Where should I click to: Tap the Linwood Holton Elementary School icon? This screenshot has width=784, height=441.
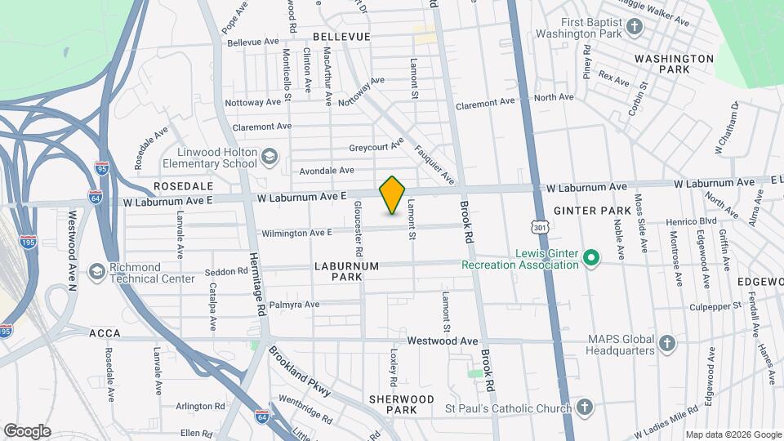pos(269,155)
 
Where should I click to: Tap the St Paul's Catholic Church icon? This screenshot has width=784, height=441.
pos(583,406)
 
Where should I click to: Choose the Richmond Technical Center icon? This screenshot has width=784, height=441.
pos(97,271)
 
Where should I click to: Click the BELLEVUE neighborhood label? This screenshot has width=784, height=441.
pos(341,37)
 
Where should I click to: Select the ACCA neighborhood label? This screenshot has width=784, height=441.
pos(105,333)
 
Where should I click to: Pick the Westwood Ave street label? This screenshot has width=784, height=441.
pos(442,340)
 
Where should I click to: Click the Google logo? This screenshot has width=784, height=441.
pos(27,430)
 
